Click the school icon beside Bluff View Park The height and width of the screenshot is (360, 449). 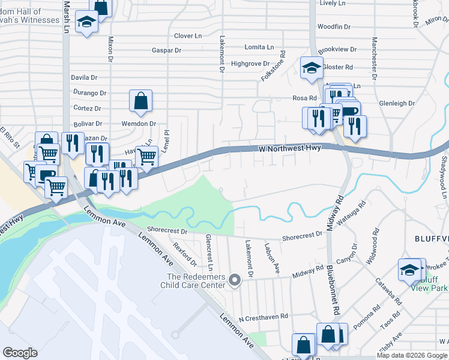(410, 270)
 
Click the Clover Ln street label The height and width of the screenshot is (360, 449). (188, 36)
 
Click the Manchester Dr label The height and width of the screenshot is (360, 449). (374, 58)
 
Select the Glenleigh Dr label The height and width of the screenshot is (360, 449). (397, 103)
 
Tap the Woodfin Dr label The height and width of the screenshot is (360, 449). (334, 27)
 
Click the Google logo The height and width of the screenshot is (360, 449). (20, 353)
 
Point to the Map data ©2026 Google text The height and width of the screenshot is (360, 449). (412, 355)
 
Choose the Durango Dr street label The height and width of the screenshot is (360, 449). (89, 93)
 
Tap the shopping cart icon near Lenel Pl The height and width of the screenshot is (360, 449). (146, 157)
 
